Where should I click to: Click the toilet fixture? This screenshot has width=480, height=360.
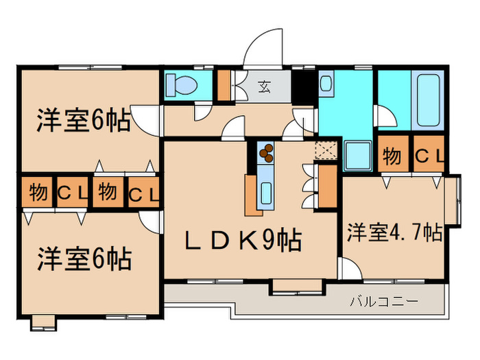tap(182, 86)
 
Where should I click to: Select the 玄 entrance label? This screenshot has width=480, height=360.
tap(264, 86)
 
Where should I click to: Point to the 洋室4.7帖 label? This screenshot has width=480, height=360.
tap(394, 232)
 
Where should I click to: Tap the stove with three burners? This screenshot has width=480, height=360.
tap(266, 152)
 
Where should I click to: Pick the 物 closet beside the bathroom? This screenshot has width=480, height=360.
tap(392, 156)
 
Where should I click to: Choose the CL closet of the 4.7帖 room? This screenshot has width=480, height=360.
tap(429, 156)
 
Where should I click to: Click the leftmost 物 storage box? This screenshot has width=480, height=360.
tap(38, 192)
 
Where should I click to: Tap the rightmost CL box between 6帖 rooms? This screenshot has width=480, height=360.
tap(144, 193)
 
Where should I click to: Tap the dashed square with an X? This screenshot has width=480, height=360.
tap(324, 150)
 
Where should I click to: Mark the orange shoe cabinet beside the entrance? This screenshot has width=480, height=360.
tap(224, 85)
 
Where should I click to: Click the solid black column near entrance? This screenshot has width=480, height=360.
tap(302, 86)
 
